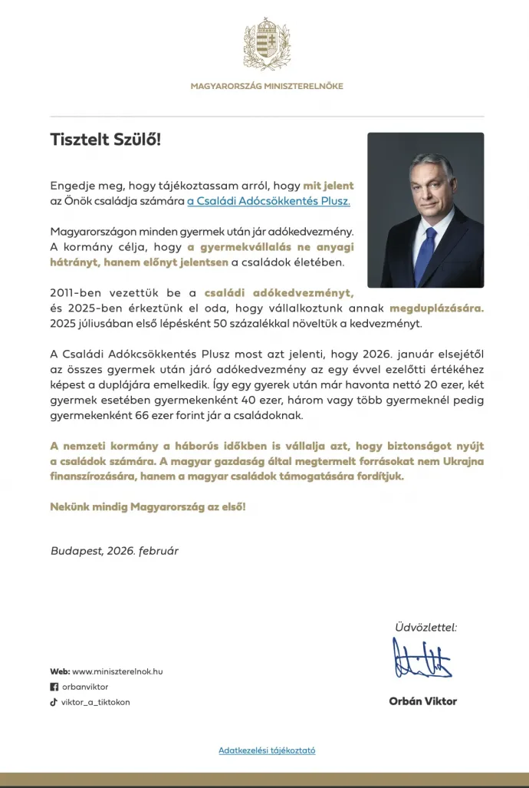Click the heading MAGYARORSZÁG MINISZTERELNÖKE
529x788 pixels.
[267, 86]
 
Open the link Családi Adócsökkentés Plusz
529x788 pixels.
[268, 201]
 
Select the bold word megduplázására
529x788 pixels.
[437, 308]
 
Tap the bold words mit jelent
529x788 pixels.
[328, 186]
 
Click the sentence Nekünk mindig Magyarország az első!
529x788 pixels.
[148, 507]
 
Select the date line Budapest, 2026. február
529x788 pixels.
[114, 550]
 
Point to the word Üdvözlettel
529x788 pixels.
[426, 627]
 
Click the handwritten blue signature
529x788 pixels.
[422, 659]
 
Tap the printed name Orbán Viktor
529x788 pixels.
[422, 701]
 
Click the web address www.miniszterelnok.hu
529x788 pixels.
[117, 671]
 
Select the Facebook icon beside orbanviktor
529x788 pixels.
[54, 687]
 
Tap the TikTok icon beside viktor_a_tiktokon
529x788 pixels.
[54, 701]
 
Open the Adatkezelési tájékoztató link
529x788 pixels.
[267, 750]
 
